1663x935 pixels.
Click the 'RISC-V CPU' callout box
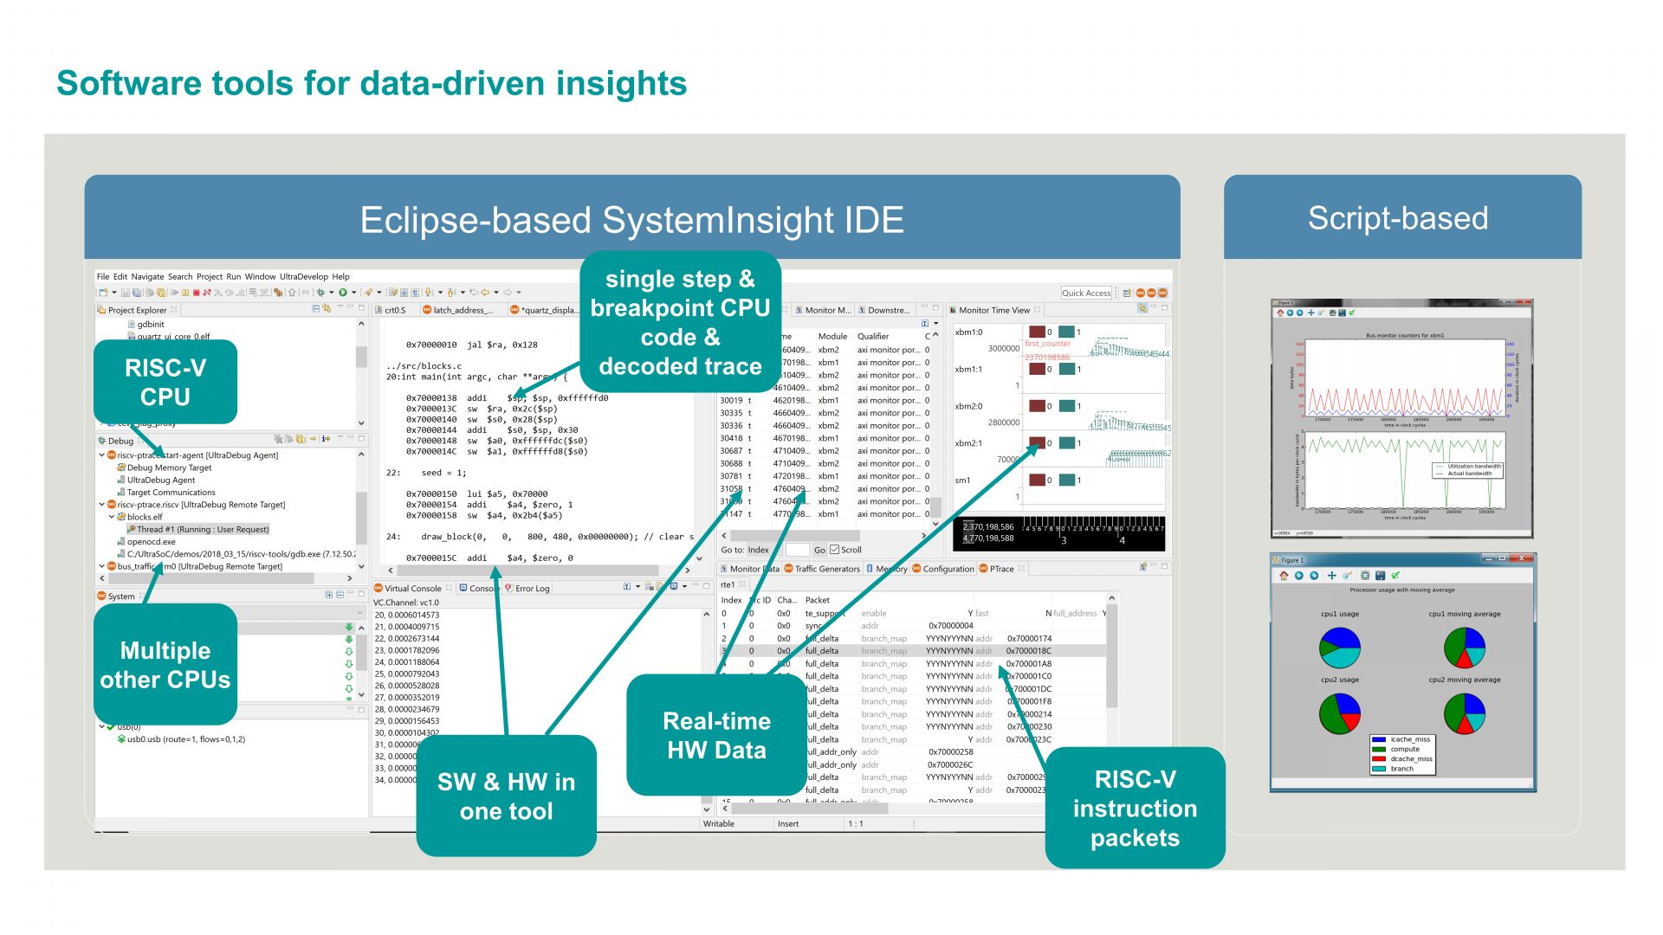coord(165,382)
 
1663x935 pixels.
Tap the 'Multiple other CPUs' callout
coord(165,665)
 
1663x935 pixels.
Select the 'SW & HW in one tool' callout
coord(506,796)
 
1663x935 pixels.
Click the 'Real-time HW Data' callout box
coord(716,735)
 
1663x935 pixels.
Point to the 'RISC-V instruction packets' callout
coord(1135,808)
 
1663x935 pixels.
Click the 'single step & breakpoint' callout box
coord(680,322)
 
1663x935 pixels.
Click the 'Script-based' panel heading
coord(1397,218)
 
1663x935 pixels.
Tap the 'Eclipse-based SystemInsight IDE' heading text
coord(631,220)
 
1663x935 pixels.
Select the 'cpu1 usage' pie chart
coord(1339,648)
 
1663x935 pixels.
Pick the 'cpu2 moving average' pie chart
coord(1465,714)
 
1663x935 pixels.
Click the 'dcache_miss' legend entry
coord(1411,759)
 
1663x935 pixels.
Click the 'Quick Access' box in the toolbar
coord(1086,293)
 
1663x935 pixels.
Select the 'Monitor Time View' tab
coord(993,310)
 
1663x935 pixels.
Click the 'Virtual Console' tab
coord(412,589)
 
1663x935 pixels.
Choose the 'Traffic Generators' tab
coord(826,569)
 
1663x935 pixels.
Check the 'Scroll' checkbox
coord(834,550)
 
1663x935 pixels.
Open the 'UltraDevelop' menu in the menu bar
coord(303,277)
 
